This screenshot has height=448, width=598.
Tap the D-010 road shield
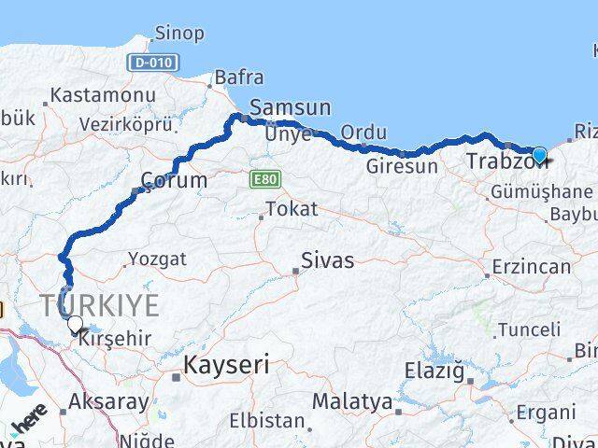coord(150,62)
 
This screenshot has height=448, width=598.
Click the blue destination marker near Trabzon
coord(539,156)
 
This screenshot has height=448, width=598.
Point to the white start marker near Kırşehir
coord(75,324)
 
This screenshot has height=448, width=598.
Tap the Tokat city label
coord(292,209)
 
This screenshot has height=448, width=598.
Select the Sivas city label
coord(327,260)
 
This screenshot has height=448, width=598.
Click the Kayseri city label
coord(227,365)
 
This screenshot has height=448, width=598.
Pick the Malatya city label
coord(352,401)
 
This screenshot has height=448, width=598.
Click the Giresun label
coord(402,167)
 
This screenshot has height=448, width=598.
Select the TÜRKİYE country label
coord(99,304)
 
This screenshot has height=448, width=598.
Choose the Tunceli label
coord(529,329)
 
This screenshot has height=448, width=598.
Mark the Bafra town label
coord(239,77)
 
